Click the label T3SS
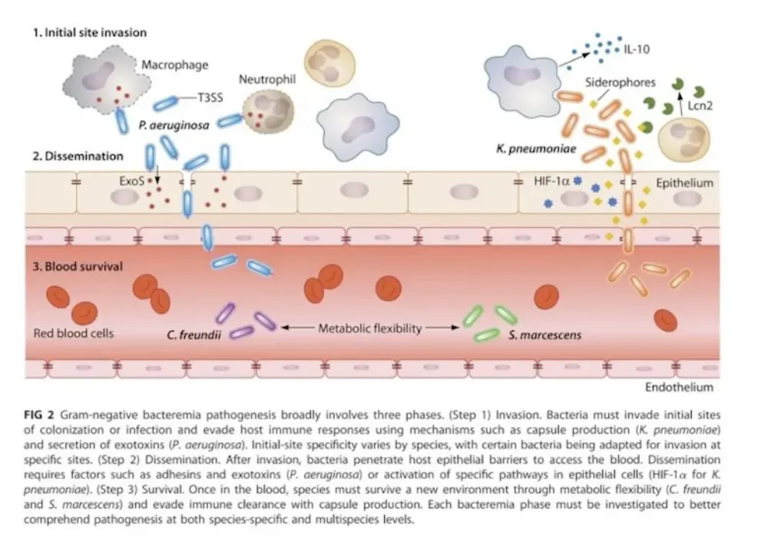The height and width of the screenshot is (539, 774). (x=210, y=98)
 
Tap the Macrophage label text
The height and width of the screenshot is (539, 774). (x=175, y=64)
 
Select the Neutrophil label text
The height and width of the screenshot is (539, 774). (x=267, y=80)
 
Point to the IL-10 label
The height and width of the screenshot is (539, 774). (x=637, y=49)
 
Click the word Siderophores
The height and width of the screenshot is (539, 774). (x=620, y=82)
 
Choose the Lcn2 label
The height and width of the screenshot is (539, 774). (x=700, y=105)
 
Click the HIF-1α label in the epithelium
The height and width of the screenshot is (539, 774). (x=551, y=181)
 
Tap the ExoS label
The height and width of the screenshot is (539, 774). (x=132, y=181)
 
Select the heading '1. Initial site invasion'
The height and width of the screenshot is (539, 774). (x=90, y=32)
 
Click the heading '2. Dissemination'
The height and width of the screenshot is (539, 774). (x=78, y=156)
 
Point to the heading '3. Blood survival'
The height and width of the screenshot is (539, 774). (x=78, y=266)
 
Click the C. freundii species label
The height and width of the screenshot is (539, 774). (x=193, y=335)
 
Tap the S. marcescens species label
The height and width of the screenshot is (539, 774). (x=545, y=335)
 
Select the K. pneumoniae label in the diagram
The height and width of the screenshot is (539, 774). (x=536, y=149)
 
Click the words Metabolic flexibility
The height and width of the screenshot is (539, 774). (x=370, y=329)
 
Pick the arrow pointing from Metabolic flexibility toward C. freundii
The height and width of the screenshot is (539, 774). (x=298, y=327)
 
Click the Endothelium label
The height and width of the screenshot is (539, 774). (x=680, y=387)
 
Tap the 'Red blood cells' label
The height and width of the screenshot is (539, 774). (x=74, y=333)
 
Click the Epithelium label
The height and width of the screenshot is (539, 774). (x=685, y=183)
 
